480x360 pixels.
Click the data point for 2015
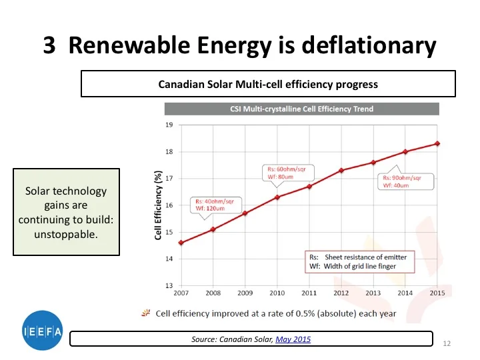click(437, 143)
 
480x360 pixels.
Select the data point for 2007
click(181, 242)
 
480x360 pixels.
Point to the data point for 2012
click(341, 170)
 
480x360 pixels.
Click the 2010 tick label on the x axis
click(277, 293)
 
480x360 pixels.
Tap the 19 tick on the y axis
click(169, 125)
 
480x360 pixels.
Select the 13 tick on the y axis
click(169, 285)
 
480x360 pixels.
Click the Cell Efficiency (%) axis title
click(159, 205)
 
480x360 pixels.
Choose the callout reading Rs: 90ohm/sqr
click(406, 181)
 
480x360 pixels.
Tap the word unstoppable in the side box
click(66, 234)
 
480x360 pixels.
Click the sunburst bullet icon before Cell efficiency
click(145, 313)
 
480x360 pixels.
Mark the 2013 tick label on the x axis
click(373, 293)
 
